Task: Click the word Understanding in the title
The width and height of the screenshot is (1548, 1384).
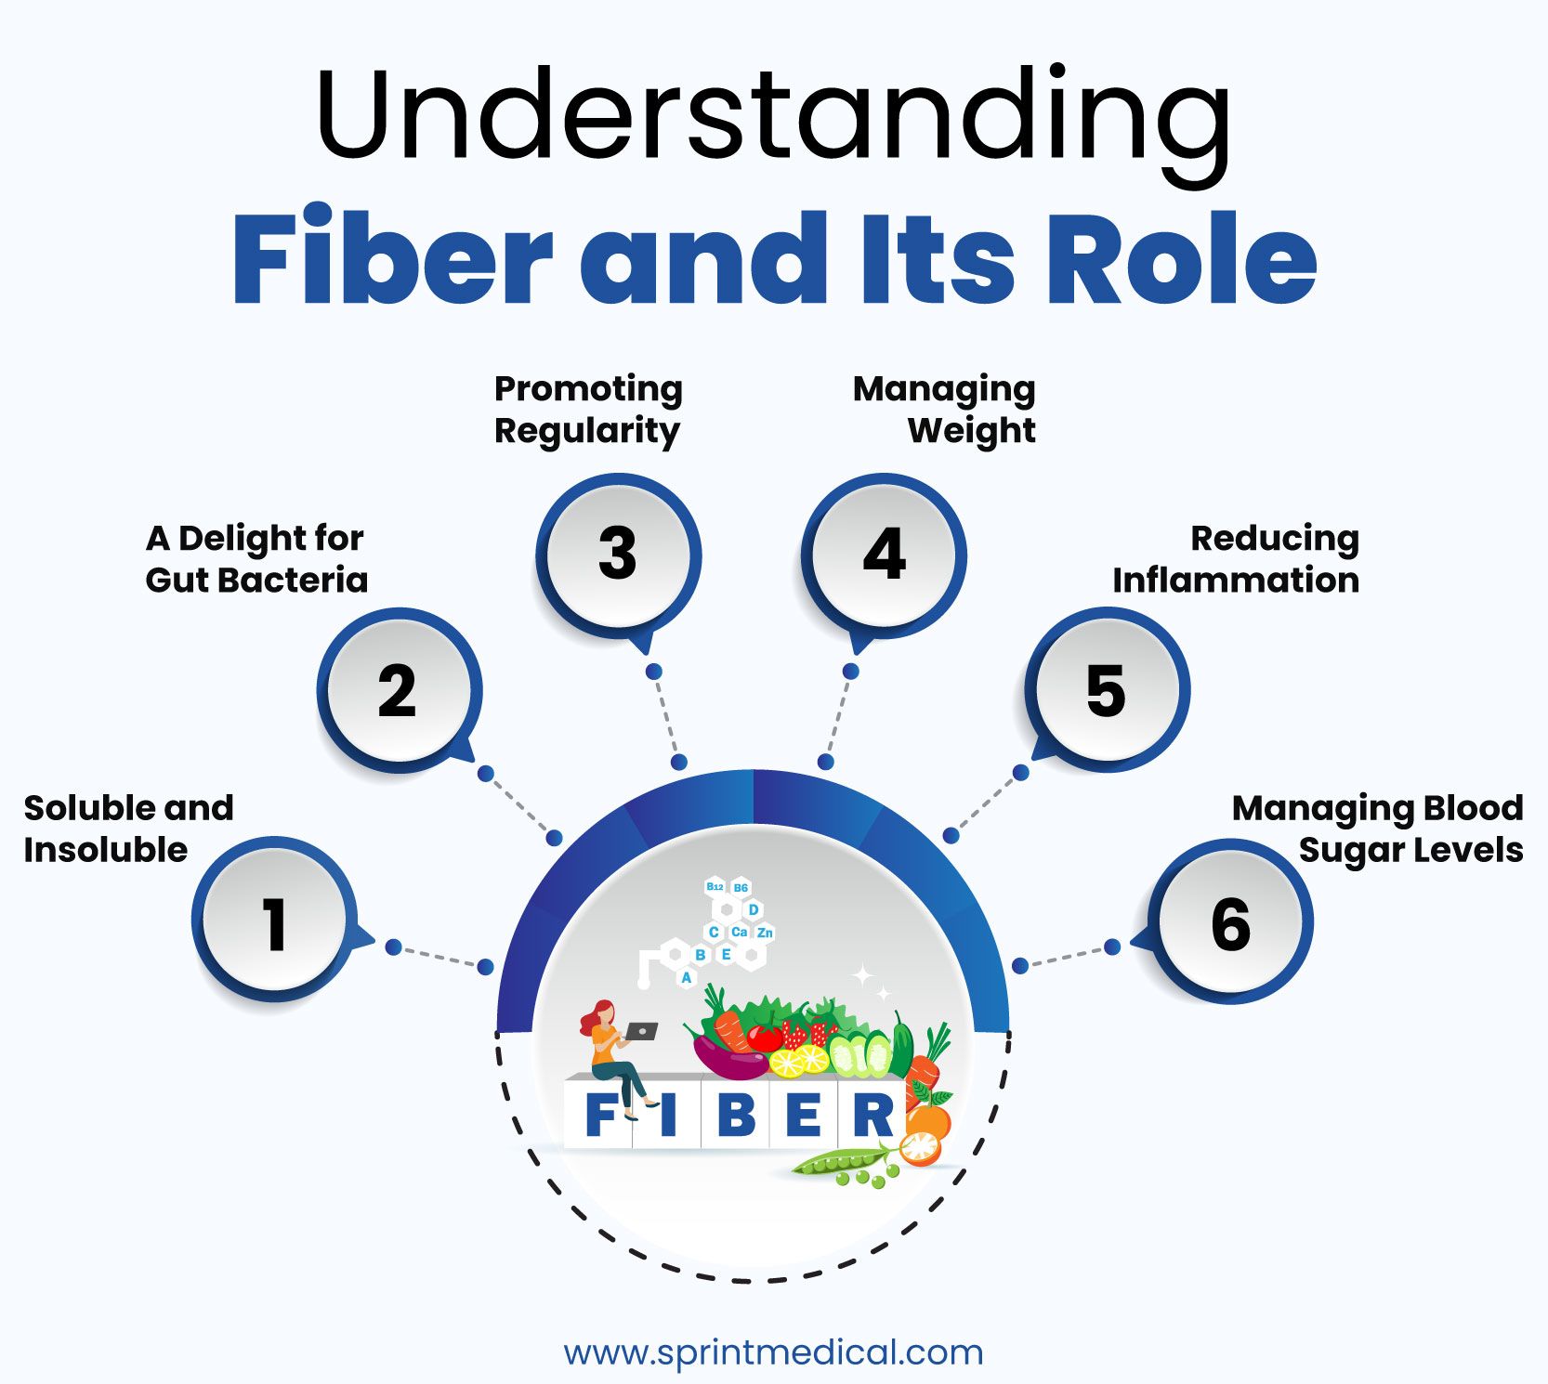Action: pyautogui.click(x=773, y=116)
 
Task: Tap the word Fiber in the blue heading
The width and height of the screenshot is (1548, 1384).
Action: pyautogui.click(x=391, y=256)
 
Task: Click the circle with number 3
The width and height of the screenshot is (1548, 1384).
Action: pyautogui.click(x=618, y=555)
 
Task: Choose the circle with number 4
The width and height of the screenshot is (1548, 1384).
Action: pyautogui.click(x=884, y=555)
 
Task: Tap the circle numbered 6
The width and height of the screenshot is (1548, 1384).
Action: pyautogui.click(x=1230, y=923)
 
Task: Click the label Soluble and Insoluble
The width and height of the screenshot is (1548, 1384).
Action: pyautogui.click(x=128, y=829)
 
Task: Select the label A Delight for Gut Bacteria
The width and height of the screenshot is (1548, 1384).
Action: pyautogui.click(x=256, y=558)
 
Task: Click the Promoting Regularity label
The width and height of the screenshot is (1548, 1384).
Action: pyautogui.click(x=588, y=410)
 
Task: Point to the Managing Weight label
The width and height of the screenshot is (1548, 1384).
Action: pyautogui.click(x=944, y=410)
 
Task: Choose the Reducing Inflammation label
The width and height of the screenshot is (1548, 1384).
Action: pyautogui.click(x=1236, y=558)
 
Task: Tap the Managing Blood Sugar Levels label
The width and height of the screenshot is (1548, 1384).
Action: pyautogui.click(x=1378, y=829)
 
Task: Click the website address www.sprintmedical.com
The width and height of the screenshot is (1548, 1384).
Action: pyautogui.click(x=773, y=1351)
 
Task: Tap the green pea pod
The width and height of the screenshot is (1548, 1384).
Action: pyautogui.click(x=841, y=1162)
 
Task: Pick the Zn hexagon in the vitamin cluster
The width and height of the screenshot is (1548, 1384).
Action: pyautogui.click(x=765, y=933)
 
